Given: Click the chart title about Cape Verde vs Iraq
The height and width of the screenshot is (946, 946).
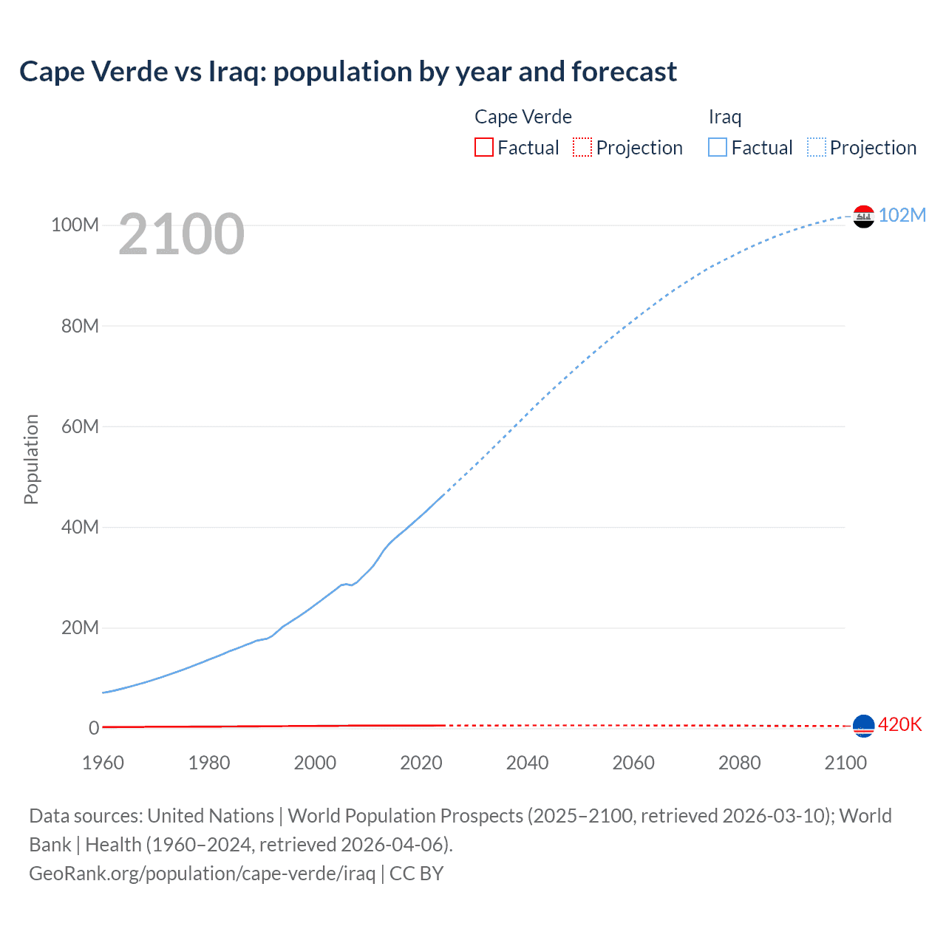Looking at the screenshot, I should pos(347,72).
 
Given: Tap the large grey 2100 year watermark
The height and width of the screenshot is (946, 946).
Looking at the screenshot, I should pos(181,234).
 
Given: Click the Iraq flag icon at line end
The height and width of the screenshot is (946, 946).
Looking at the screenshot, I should pos(863,216).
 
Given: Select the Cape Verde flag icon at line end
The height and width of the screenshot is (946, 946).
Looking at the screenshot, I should pos(863,726).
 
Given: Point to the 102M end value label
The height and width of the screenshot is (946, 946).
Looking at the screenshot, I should pos(902,215).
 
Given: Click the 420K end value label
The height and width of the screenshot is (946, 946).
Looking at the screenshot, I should pos(899,724).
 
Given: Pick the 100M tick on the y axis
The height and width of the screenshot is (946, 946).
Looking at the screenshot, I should pos(75,225).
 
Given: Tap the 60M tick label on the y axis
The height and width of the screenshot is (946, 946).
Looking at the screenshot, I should pos(80,426).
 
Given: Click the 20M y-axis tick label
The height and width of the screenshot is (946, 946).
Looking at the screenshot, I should pos(80,627).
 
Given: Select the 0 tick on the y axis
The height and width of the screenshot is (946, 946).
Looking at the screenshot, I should pos(94,728).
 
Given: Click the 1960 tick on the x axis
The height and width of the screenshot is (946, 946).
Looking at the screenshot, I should pos(103,763).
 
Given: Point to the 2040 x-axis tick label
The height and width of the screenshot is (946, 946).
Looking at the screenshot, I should pos(527,763).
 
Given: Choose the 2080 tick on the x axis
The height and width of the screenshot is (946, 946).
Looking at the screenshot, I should pos(739,763).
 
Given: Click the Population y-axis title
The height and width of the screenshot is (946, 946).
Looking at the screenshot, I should pos(31,459).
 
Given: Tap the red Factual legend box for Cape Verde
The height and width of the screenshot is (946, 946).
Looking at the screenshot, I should pos(484,147).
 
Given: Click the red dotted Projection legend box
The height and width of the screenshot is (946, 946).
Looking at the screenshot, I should pos(582,147).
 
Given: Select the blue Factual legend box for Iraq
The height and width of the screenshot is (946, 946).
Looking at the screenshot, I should pos(718,147).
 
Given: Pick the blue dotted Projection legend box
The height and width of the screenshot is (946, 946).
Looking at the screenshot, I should pos(816,147).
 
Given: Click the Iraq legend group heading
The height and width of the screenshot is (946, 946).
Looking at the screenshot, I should pos(724,117).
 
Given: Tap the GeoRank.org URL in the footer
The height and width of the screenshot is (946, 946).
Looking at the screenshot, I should pos(202,873).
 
